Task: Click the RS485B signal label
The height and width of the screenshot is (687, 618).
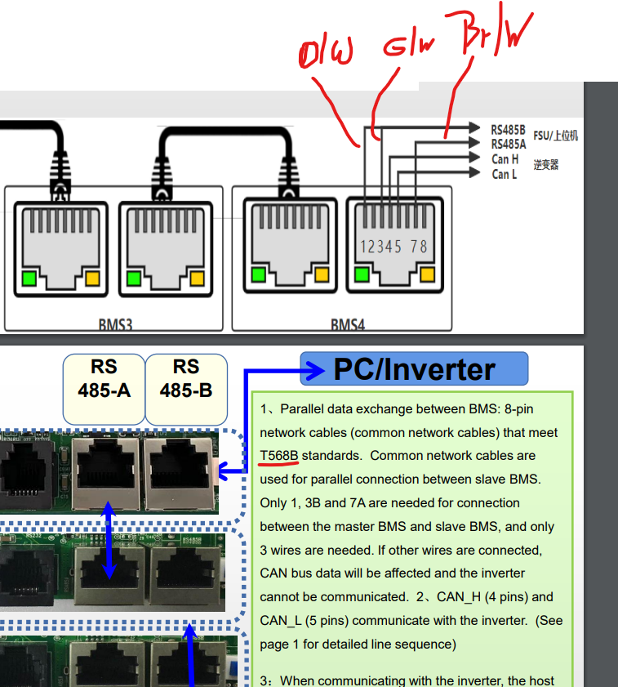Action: pos(508,129)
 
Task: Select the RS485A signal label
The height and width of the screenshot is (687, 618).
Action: pos(508,144)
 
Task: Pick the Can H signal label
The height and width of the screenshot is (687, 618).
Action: pos(505,159)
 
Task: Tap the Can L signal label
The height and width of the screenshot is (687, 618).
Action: pos(505,174)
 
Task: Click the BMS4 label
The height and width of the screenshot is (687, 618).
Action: pos(347,325)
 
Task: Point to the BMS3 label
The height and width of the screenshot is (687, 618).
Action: pos(115,325)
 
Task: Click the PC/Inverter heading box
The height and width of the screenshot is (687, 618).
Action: pos(414,369)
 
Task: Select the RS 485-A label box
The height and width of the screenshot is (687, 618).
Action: pos(104,378)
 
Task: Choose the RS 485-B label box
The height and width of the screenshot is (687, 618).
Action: pos(186,378)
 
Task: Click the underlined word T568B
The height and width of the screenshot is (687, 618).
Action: pos(279,455)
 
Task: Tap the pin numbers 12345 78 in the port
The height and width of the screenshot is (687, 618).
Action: pos(393,246)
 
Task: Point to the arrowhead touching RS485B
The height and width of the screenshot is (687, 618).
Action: pos(474,127)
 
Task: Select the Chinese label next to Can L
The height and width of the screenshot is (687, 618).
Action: pos(546,165)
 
